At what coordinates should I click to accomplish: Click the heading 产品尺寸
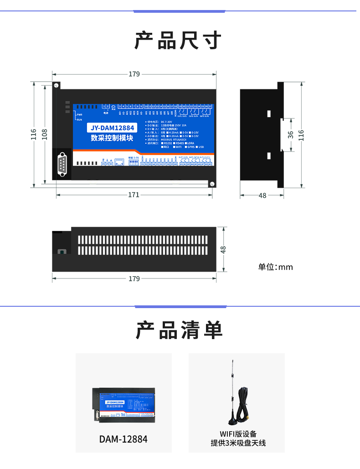coord(178,41)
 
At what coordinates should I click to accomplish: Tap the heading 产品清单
coord(179,330)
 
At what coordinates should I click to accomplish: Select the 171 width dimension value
coord(134,195)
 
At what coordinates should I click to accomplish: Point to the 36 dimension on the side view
coord(291,134)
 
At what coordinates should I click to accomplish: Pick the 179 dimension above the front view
coord(134,74)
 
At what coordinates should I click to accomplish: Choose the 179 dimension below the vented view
coord(134,278)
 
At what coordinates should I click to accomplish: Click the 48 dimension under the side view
coord(262,196)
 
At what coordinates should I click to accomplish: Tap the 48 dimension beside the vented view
coord(223,249)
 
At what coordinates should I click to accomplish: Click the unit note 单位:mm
coord(275,267)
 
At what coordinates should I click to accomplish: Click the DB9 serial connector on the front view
coord(63,165)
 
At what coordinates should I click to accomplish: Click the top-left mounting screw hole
coord(57,86)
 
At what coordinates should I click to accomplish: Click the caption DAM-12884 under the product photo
coord(123,439)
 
